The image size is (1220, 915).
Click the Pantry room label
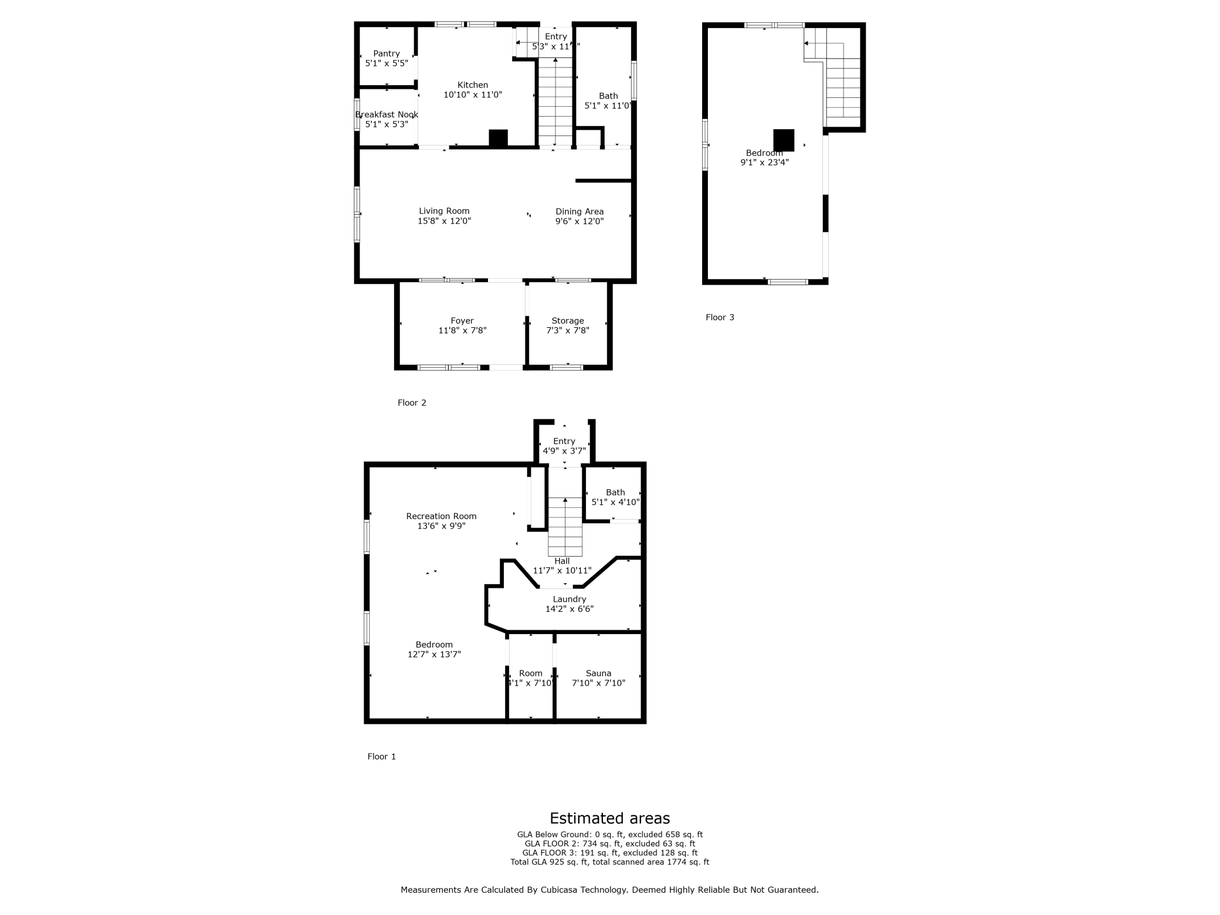click(386, 53)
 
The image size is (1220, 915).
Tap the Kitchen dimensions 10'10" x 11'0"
click(472, 94)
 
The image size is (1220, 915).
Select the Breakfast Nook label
click(386, 114)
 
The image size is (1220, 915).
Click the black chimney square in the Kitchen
click(498, 138)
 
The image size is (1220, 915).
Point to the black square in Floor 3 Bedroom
click(784, 140)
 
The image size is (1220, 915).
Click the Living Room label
click(444, 211)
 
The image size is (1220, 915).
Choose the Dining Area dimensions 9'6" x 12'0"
click(579, 221)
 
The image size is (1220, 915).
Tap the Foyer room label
click(462, 321)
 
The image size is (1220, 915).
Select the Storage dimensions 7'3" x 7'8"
click(567, 330)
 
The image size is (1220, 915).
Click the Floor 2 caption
click(412, 402)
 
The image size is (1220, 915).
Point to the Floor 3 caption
click(720, 317)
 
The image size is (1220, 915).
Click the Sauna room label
click(598, 673)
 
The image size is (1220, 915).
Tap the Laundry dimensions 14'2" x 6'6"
click(569, 609)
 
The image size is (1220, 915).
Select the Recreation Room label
click(441, 516)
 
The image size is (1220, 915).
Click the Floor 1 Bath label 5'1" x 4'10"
click(615, 497)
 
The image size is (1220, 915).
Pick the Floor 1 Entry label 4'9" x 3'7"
click(564, 446)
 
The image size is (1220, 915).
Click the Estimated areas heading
click(609, 818)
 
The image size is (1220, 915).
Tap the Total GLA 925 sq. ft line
click(609, 862)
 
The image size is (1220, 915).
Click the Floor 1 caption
click(381, 757)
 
